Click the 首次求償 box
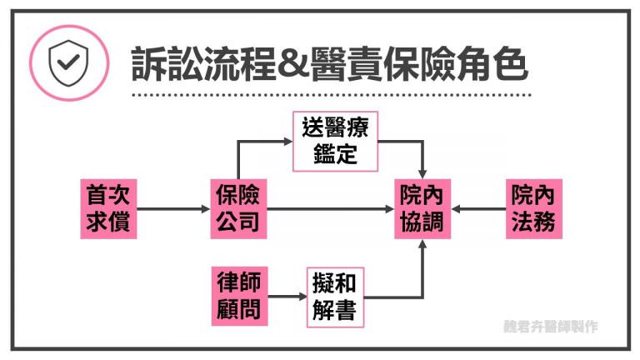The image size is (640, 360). tap(108, 207)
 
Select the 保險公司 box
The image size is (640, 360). tap(237, 207)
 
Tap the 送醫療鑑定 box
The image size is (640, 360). tap(336, 140)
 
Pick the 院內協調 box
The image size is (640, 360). tap(423, 207)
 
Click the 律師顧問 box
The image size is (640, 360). tap(237, 296)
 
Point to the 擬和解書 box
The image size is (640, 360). tap(336, 296)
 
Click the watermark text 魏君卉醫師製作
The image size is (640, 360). tap(551, 327)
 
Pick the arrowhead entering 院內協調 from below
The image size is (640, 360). tap(423, 242)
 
